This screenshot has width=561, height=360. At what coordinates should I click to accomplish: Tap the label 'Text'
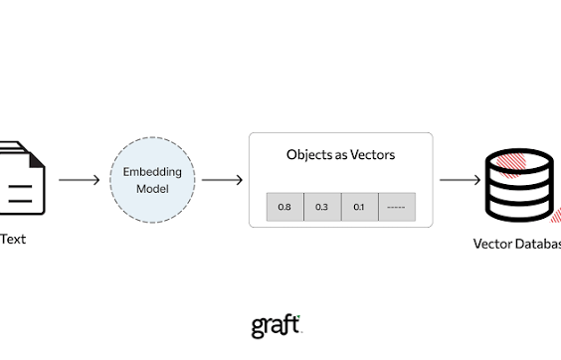click(x=13, y=239)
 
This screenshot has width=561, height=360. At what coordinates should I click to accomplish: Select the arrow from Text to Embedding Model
click(x=79, y=180)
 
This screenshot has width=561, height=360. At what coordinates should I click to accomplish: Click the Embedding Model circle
click(x=151, y=180)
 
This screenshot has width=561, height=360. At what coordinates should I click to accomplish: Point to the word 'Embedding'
click(x=151, y=171)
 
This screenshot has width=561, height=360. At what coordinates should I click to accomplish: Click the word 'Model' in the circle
click(x=151, y=188)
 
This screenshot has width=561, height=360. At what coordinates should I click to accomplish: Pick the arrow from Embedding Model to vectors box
click(x=222, y=180)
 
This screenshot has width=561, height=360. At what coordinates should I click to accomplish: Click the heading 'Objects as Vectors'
click(x=340, y=155)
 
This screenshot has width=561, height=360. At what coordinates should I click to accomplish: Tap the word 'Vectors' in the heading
click(x=371, y=155)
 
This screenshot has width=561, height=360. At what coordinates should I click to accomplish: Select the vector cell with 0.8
click(x=284, y=207)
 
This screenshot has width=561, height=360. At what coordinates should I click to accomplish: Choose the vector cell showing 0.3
click(x=321, y=207)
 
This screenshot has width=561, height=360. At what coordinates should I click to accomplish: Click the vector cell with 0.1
click(x=359, y=207)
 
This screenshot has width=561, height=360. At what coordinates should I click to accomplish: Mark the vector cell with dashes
click(x=396, y=207)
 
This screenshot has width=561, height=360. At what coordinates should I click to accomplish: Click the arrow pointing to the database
click(x=460, y=180)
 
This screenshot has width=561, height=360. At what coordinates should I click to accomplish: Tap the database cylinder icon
click(x=518, y=185)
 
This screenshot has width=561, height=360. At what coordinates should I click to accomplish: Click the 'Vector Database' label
click(x=516, y=244)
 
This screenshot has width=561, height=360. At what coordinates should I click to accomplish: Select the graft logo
click(x=276, y=326)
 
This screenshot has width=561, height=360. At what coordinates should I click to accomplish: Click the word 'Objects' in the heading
click(x=306, y=155)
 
